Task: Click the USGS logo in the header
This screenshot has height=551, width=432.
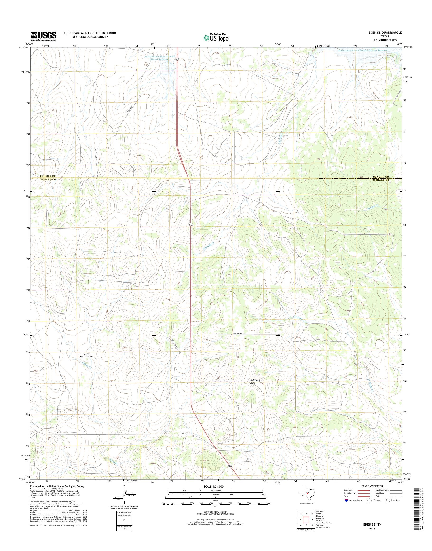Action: coord(43,36)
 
